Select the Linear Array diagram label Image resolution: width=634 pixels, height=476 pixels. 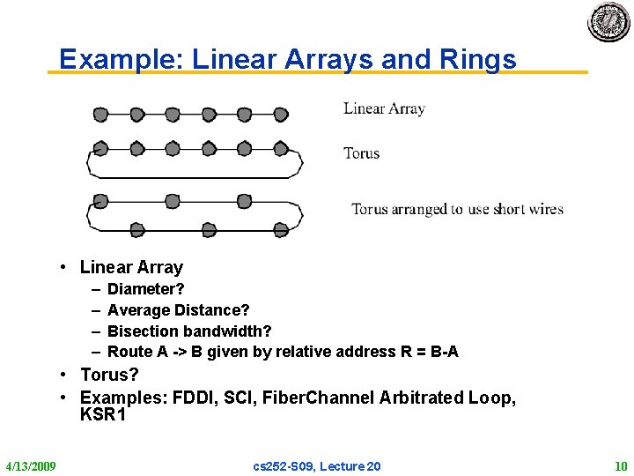384,108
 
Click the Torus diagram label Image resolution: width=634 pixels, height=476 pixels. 361,153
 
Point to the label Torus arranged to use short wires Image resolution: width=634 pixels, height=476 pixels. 457,209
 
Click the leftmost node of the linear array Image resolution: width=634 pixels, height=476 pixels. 100,114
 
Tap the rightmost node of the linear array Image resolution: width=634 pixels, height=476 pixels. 281,114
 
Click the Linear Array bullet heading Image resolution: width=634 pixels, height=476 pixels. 131,267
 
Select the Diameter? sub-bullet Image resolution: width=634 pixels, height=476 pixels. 145,289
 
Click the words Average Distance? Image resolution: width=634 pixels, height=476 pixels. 178,310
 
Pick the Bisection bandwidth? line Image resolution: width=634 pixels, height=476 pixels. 189,331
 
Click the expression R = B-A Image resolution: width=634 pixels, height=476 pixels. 429,352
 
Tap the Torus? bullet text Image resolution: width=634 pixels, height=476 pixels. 109,375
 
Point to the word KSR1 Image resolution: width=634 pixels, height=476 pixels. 103,414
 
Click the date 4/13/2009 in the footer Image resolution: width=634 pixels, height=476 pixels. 31,465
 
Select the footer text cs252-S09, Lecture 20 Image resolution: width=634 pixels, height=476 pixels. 318,465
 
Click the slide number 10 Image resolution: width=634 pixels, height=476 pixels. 620,465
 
